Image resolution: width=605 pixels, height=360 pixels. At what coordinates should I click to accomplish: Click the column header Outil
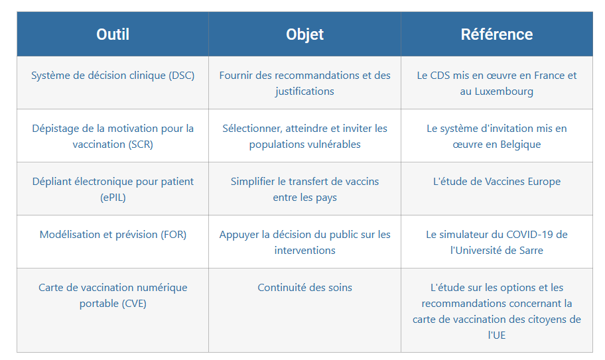click(x=113, y=34)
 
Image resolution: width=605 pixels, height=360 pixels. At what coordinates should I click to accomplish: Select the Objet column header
click(x=304, y=34)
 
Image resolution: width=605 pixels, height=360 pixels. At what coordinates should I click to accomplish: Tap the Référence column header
click(x=497, y=34)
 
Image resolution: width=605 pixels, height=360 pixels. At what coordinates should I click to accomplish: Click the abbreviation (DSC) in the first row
click(x=181, y=75)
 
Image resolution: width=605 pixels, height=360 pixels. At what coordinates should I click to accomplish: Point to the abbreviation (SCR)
click(x=141, y=144)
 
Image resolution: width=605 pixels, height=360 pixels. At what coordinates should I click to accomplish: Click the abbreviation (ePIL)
click(x=113, y=198)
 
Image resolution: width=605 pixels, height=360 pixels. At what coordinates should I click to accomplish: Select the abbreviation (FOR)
click(x=173, y=234)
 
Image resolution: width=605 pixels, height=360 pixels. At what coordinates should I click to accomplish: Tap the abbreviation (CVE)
click(x=134, y=304)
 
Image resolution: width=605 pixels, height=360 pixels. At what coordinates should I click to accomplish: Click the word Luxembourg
click(x=504, y=91)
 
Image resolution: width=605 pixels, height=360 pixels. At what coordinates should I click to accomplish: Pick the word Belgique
click(x=521, y=145)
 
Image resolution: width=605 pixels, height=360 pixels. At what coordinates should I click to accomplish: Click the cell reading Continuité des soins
click(x=304, y=288)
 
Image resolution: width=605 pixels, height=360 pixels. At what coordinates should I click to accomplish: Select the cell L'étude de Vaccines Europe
click(x=497, y=182)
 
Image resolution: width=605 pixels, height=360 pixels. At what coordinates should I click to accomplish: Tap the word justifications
click(x=304, y=91)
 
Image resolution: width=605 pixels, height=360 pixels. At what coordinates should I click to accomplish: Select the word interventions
click(x=304, y=250)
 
